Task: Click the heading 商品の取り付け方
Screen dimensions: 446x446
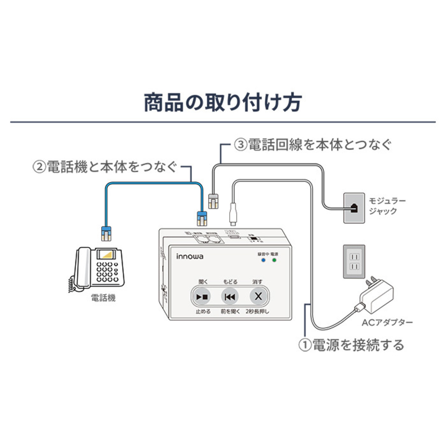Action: coord(222,103)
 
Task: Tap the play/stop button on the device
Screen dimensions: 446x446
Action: coord(203,297)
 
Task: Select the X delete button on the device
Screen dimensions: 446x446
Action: coord(258,297)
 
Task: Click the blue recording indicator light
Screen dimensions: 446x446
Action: coord(263,260)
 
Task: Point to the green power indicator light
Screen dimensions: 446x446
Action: coord(274,260)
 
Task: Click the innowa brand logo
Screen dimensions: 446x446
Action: coord(190,256)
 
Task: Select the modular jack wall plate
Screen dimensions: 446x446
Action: coord(354,208)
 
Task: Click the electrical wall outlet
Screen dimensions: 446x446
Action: coord(354,262)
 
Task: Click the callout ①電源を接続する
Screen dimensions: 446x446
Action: coord(351,345)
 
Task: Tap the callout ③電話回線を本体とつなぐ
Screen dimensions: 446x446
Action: coord(313,145)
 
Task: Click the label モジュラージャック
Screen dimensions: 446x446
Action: coord(387,206)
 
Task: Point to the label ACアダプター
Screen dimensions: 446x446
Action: coord(387,322)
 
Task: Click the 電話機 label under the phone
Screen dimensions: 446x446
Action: coord(103,298)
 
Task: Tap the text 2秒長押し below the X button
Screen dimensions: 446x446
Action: coord(258,311)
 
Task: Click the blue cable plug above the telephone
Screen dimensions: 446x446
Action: coord(106,233)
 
